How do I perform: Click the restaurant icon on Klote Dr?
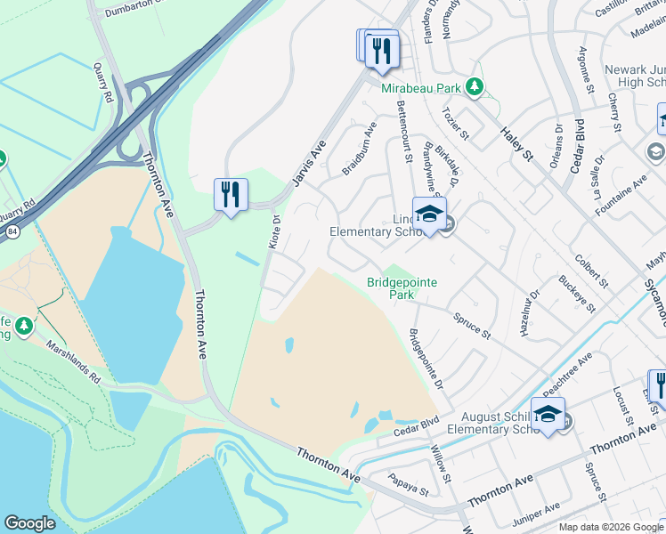click(x=231, y=194)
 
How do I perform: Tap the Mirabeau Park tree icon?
click(x=475, y=87)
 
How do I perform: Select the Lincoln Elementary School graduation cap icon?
click(x=429, y=214)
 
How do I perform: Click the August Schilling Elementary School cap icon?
click(x=548, y=414)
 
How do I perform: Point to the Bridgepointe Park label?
click(x=402, y=288)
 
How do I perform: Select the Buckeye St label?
click(x=582, y=290)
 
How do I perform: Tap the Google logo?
click(x=29, y=523)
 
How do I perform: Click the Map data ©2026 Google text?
click(x=610, y=526)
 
